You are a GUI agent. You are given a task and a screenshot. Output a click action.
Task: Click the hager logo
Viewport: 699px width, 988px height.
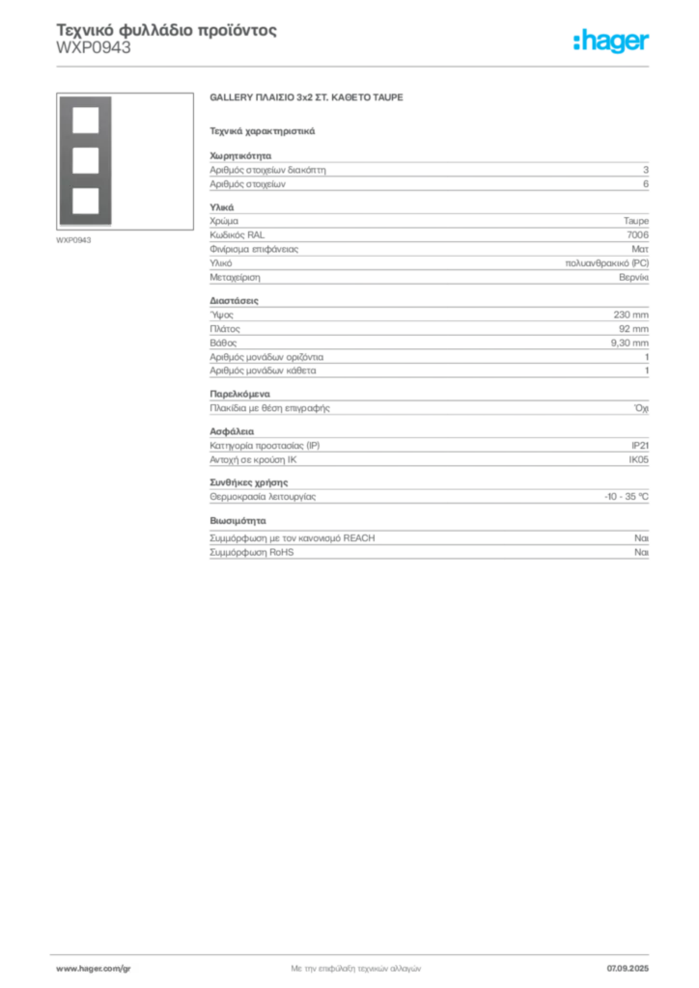[x=611, y=41]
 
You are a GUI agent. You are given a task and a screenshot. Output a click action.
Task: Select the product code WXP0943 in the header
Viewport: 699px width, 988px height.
[x=94, y=48]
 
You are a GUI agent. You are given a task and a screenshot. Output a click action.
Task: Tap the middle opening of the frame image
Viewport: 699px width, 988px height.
[x=86, y=161]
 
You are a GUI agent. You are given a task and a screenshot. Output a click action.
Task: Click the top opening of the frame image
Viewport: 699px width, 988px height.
[x=86, y=121]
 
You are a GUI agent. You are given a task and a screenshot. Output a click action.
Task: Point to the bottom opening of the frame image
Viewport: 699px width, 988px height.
[x=86, y=201]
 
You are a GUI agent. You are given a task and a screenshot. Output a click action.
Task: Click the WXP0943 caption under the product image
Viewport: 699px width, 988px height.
[x=73, y=240]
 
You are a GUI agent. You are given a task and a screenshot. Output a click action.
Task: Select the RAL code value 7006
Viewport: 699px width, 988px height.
[x=637, y=235]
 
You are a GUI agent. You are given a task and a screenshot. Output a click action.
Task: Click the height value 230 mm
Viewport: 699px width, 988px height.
[x=630, y=315]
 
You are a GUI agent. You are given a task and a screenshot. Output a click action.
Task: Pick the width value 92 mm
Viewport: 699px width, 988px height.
[x=633, y=329]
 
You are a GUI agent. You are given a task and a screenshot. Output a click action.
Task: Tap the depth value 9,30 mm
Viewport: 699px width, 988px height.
[x=629, y=343]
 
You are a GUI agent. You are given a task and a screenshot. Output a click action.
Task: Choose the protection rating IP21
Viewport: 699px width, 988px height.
[x=640, y=446]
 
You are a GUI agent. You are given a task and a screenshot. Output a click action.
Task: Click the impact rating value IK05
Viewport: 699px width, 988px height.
[x=638, y=459]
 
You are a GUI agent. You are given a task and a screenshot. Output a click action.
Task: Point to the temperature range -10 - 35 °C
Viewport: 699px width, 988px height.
[x=627, y=497]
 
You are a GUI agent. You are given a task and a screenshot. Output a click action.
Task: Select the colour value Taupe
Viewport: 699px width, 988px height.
[x=636, y=221]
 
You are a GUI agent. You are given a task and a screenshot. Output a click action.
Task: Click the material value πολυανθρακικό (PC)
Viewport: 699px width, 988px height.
[x=607, y=263]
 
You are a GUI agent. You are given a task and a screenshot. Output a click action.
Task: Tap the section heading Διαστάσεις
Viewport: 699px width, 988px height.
[x=234, y=301]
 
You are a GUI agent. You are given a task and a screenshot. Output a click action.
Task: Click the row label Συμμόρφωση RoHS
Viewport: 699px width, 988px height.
[x=251, y=553]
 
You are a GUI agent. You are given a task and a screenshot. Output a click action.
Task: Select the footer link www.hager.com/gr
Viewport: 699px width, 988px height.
[x=94, y=969]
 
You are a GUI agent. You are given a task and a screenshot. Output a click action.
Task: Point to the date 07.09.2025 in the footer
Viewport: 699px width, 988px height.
[x=628, y=969]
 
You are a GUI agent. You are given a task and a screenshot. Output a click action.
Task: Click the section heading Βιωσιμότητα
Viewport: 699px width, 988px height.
[x=238, y=521]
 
